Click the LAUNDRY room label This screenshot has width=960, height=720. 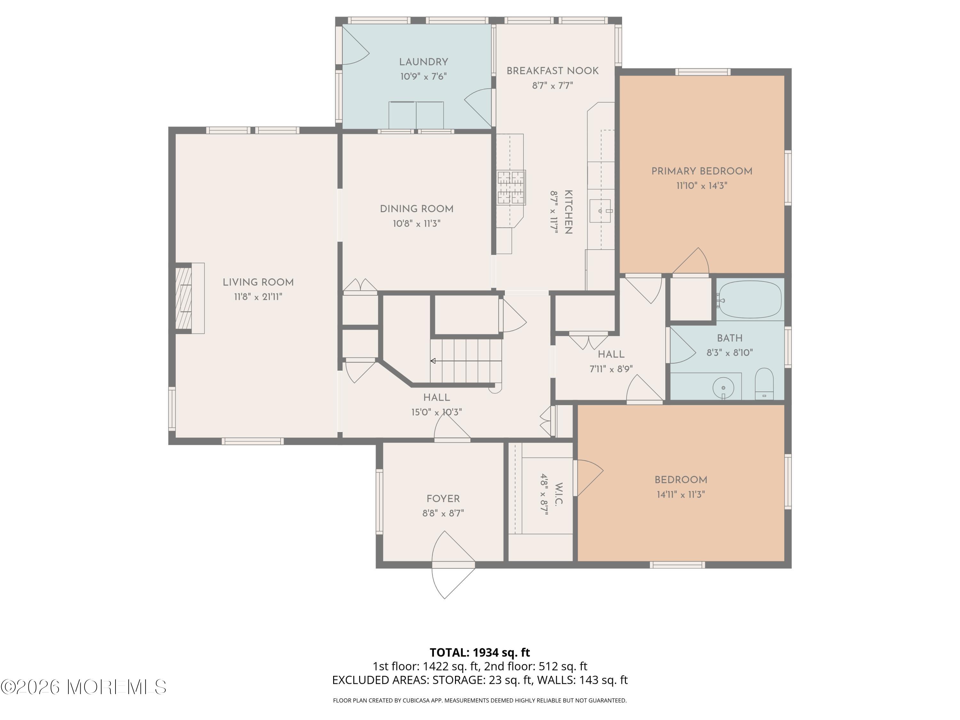(423, 62)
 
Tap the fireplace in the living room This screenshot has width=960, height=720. (187, 298)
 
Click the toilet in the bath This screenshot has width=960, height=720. (764, 384)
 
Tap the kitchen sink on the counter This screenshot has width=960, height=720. (600, 211)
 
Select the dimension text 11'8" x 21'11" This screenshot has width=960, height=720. (258, 297)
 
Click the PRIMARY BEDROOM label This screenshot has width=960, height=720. (701, 171)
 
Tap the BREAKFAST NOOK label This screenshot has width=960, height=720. (552, 71)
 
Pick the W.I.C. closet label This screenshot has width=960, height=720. (558, 494)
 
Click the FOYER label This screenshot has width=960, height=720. (443, 499)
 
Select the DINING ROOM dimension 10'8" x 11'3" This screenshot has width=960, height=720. (417, 223)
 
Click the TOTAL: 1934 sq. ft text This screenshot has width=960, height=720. (480, 652)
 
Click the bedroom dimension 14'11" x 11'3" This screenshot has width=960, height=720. (681, 494)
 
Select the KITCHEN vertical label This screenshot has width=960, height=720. (568, 212)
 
